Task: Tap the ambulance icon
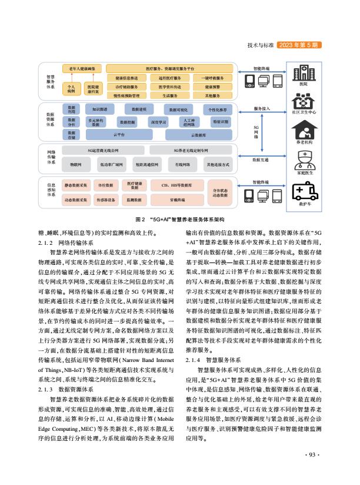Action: [304, 192]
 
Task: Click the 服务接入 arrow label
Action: [262, 109]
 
